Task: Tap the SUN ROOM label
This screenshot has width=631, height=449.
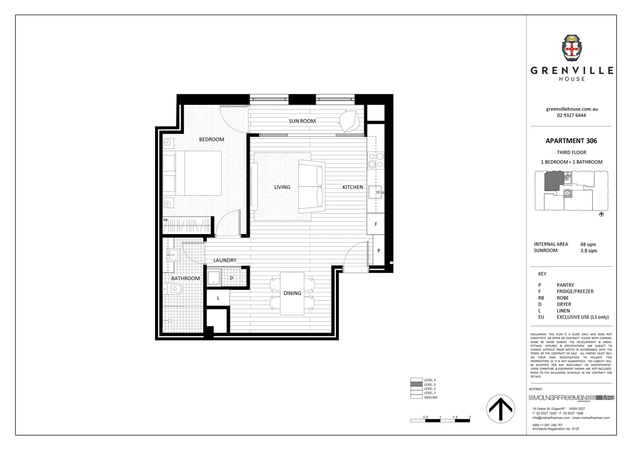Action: click(302, 121)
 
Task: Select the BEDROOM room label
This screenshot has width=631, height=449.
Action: click(212, 140)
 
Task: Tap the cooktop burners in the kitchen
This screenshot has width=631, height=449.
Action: click(375, 160)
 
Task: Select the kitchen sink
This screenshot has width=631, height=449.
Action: click(375, 192)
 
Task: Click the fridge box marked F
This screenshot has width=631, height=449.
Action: click(376, 224)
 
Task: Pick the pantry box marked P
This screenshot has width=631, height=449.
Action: click(379, 251)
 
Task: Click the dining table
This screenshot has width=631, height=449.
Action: click(292, 294)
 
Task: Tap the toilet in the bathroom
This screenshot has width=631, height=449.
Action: click(173, 289)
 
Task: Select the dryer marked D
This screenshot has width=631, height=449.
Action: click(232, 278)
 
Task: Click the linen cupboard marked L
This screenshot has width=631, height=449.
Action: click(218, 298)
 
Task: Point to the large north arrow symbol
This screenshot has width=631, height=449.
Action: click(500, 409)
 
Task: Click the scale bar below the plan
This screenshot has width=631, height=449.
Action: click(440, 421)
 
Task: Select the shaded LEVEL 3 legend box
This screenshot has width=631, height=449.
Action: click(416, 385)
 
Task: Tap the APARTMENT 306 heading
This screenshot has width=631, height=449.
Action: click(571, 141)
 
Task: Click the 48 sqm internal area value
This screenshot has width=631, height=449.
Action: click(588, 244)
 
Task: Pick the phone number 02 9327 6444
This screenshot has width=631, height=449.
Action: click(571, 115)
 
